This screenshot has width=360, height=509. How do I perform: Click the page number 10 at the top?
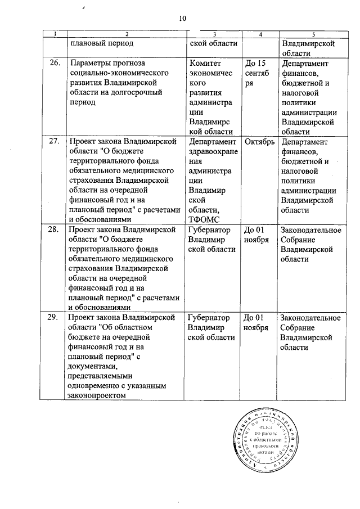coord(182,19)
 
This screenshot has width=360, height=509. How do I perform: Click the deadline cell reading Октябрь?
coord(260,141)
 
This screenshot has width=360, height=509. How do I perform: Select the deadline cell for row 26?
coord(256,73)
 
